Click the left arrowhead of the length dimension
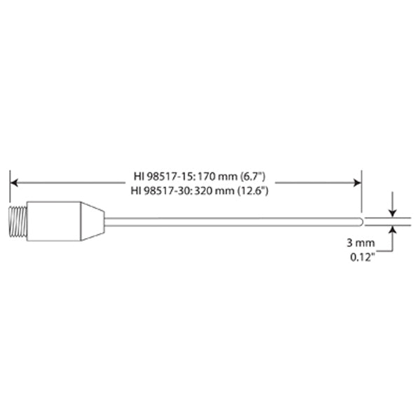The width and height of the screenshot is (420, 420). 15,183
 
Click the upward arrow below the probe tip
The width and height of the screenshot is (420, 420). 393,230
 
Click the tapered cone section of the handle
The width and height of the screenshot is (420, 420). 91,220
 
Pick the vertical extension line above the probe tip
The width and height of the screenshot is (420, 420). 362,192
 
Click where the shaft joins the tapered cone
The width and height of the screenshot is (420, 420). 106,220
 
